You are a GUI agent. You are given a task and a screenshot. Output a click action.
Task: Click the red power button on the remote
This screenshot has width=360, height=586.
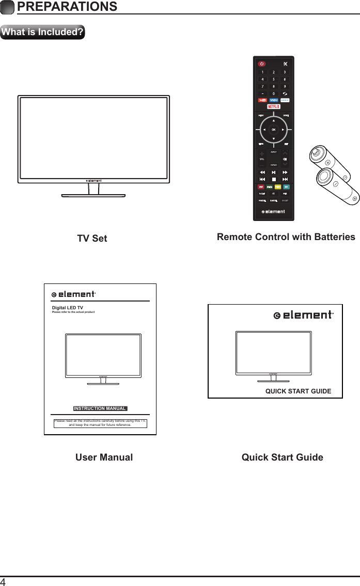tap(262, 64)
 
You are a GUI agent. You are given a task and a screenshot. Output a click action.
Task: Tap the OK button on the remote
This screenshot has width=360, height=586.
tap(273, 129)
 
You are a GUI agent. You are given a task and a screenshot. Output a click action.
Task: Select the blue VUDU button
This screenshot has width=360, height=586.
tap(273, 100)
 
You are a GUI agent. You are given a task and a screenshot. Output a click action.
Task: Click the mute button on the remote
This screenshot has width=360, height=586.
tap(285, 64)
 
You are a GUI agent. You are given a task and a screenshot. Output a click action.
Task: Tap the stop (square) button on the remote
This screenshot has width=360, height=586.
tap(273, 179)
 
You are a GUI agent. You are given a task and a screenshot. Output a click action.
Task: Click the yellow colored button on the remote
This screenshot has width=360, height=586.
tap(278, 186)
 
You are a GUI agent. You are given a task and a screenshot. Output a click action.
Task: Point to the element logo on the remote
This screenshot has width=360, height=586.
tap(273, 211)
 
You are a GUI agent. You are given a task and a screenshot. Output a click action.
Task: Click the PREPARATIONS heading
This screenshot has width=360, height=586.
tap(67, 7)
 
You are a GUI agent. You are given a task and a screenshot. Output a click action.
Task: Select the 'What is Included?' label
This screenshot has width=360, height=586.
tap(43, 32)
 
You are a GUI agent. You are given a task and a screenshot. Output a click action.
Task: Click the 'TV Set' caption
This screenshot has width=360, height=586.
tap(92, 239)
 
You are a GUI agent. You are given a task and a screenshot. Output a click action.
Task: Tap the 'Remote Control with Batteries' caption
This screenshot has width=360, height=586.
tap(286, 237)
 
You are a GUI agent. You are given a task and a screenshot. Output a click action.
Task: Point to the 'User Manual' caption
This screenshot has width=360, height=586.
tap(104, 457)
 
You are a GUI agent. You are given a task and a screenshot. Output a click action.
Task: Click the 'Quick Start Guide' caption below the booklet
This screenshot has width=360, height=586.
tap(282, 457)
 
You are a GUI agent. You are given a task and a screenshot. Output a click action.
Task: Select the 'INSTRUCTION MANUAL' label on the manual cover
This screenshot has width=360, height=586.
tap(100, 408)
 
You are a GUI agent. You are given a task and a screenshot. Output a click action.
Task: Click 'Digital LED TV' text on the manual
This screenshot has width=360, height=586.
tap(68, 308)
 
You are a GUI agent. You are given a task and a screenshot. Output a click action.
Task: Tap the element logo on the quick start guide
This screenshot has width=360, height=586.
tap(303, 315)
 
